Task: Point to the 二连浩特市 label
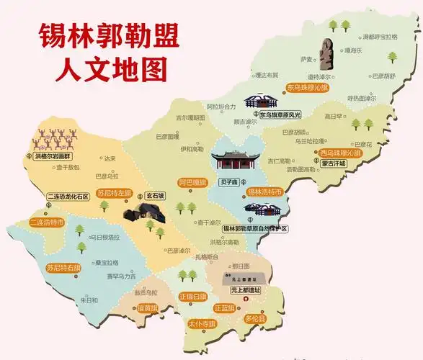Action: [x=47, y=222]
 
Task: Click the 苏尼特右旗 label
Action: [x=63, y=267]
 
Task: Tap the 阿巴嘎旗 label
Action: [x=193, y=183]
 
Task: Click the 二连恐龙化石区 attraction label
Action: [x=67, y=196]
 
